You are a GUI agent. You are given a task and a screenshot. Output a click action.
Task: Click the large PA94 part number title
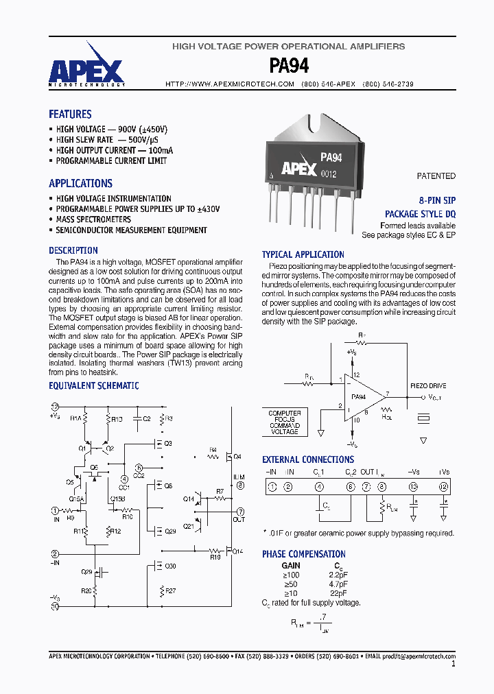(x=289, y=66)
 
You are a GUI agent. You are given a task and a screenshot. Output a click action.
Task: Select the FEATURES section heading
(x=70, y=115)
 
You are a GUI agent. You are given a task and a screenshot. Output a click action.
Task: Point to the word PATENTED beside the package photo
(x=436, y=176)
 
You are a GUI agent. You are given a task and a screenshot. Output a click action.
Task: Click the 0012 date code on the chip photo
(x=329, y=173)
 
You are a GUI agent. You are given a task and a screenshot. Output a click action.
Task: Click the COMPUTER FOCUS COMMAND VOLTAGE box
(x=284, y=422)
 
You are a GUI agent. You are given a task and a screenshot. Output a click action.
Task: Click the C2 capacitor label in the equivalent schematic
(x=146, y=418)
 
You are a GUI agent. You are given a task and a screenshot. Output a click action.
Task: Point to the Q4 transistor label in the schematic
(x=237, y=456)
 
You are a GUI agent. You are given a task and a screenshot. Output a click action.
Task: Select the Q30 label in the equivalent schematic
(x=170, y=566)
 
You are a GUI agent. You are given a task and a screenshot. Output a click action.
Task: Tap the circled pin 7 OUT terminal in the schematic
(x=240, y=512)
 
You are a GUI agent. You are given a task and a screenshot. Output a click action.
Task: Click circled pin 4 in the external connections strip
(x=319, y=487)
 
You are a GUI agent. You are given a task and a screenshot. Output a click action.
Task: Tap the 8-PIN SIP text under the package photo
(x=437, y=200)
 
